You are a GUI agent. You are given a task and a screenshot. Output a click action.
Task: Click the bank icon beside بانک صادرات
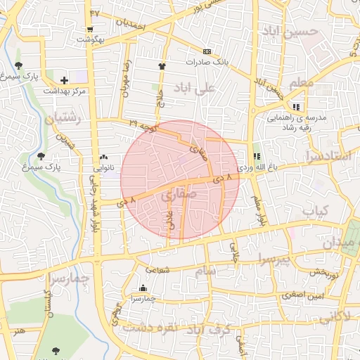207,51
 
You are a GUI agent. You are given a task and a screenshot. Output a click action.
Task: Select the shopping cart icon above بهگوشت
90,30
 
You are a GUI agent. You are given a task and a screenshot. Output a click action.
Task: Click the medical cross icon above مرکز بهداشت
65,80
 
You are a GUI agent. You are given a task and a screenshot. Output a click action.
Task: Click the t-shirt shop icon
162,65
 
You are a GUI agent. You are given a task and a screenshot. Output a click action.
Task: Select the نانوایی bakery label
104,169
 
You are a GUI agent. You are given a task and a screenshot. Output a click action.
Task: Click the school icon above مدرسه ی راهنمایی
296,108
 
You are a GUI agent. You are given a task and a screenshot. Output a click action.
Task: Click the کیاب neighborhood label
316,210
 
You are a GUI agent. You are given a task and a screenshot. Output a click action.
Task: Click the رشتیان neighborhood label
64,117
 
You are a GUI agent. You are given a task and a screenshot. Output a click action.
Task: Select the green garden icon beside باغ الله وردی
256,156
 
